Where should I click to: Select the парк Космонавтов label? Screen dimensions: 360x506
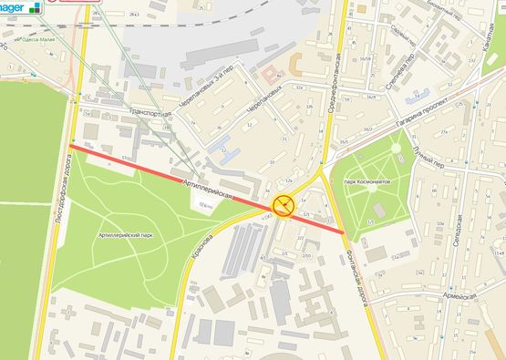coord(367,181)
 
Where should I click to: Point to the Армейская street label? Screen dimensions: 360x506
coord(460,297)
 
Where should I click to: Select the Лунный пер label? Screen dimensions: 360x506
coord(428,158)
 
